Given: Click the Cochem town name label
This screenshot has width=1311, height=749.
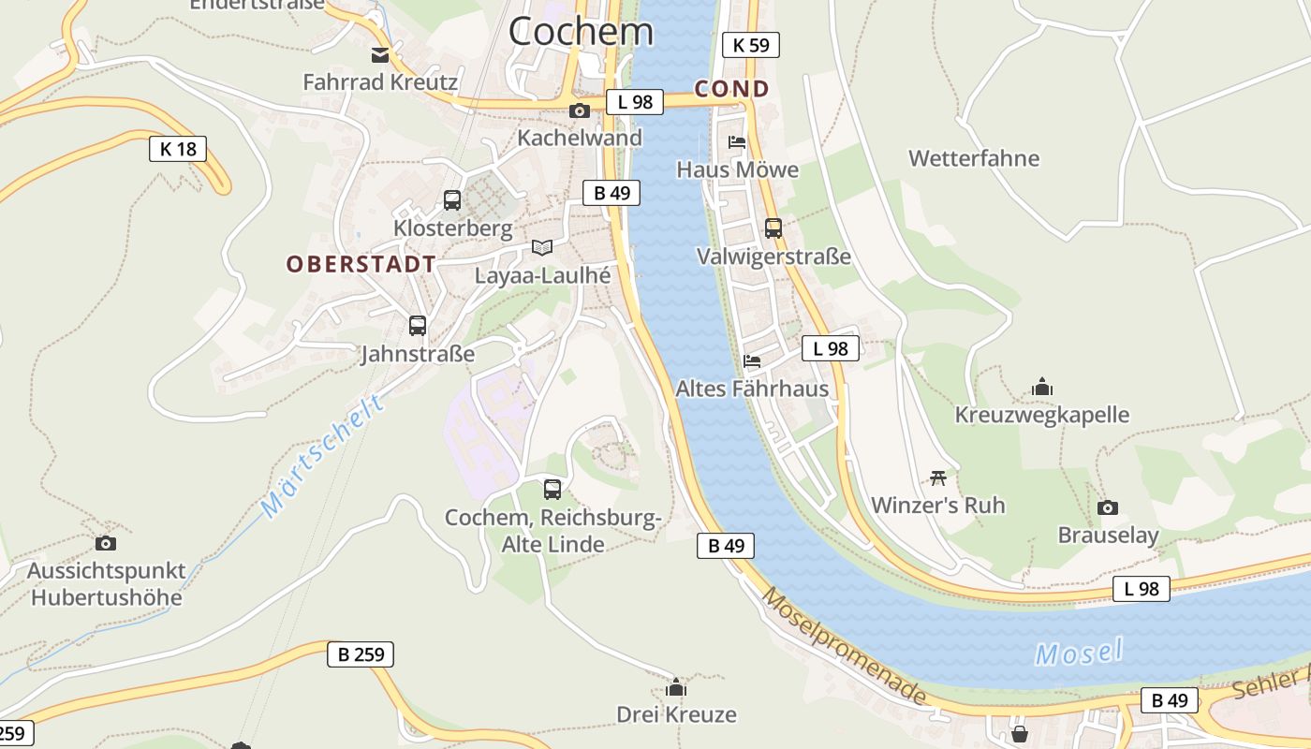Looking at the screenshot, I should pos(581,31).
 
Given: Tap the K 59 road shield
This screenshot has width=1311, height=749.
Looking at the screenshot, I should pos(751,44).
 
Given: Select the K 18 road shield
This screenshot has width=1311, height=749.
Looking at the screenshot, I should pos(178,148).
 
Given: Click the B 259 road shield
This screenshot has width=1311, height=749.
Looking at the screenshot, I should pos(361,654).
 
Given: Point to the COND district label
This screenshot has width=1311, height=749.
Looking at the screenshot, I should pos(732,89).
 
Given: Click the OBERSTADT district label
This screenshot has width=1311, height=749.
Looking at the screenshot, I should pos(361,264).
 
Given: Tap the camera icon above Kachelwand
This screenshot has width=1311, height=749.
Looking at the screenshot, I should pos(580,110).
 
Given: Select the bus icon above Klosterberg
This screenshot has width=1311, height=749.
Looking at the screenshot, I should pos(452,199).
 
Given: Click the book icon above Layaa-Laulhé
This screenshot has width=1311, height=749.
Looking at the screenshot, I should pos(542,247).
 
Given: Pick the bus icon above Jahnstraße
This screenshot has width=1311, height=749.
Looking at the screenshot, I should pos(418,326).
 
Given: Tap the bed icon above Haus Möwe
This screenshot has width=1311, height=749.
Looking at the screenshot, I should pos(737,142).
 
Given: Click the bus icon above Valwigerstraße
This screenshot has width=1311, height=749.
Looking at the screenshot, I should pos(773,228).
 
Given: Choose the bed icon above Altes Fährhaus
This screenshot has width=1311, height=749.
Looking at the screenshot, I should pos(751,360).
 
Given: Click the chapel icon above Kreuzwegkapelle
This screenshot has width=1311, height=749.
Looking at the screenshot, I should pos(1042,386).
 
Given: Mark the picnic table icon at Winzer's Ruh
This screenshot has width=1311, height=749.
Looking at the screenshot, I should pos(938,477).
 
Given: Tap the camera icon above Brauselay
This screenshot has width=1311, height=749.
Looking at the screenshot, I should pos(1108,507).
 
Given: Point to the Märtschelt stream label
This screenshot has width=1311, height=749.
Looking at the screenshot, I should pos(323,456).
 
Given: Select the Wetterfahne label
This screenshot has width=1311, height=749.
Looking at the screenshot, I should pos(974,158).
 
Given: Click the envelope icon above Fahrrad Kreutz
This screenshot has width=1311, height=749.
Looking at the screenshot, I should pos(380,54).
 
